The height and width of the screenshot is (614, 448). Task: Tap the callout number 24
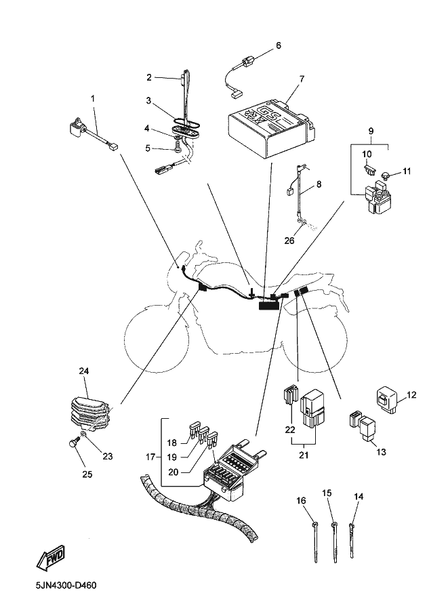[x=84, y=371]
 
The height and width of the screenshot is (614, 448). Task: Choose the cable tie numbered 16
[x=317, y=543]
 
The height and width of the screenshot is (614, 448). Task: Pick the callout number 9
[x=371, y=130]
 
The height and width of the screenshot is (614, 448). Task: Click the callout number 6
[x=278, y=46]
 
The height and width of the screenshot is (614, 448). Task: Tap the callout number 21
[x=303, y=455]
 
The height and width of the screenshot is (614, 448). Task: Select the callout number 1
[x=93, y=98]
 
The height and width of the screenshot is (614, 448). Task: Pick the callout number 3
[x=148, y=100]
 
